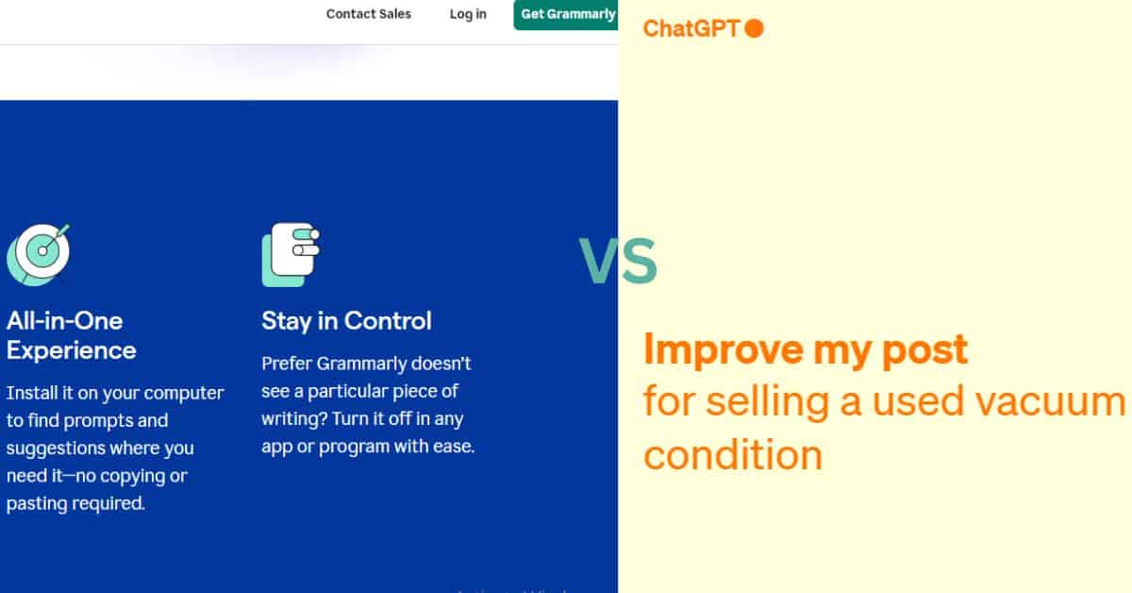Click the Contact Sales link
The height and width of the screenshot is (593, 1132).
point(369,13)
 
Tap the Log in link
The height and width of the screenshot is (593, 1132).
point(468,14)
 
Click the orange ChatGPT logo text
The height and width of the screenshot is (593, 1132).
point(691,28)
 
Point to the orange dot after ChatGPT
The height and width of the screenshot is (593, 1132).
point(754,28)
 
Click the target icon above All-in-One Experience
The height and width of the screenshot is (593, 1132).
point(39,254)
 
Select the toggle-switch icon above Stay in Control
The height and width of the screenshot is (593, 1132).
point(291,255)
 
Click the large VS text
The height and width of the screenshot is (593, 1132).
point(618,261)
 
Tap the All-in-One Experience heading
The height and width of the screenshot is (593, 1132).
point(72,335)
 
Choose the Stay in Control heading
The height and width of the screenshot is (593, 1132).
point(346,321)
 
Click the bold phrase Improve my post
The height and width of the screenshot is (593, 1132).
point(806,350)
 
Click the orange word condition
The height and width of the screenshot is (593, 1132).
point(733,454)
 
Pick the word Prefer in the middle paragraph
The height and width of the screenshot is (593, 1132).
point(286,364)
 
